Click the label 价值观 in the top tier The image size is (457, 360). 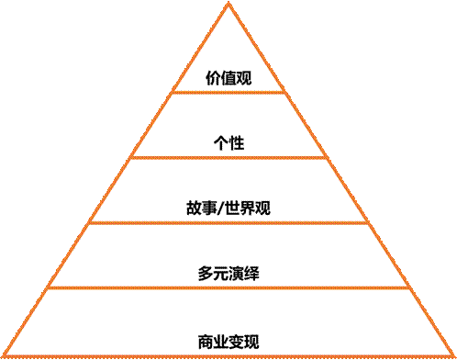(x=228, y=79)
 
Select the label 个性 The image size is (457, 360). (x=228, y=143)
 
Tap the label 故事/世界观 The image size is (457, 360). (x=228, y=208)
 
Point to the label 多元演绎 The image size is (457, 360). (x=228, y=274)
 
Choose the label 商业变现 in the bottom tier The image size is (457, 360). (x=228, y=342)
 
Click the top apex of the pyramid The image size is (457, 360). (x=228, y=4)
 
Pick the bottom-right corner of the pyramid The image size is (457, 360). (x=453, y=356)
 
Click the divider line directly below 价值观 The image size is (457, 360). (x=228, y=92)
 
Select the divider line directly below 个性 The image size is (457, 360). (x=228, y=157)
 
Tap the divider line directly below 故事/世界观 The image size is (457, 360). (x=228, y=222)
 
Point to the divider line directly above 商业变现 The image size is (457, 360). (x=228, y=287)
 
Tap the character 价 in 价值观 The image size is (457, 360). (x=214, y=79)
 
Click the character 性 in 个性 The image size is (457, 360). (x=236, y=143)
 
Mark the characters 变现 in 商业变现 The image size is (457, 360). (x=244, y=342)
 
